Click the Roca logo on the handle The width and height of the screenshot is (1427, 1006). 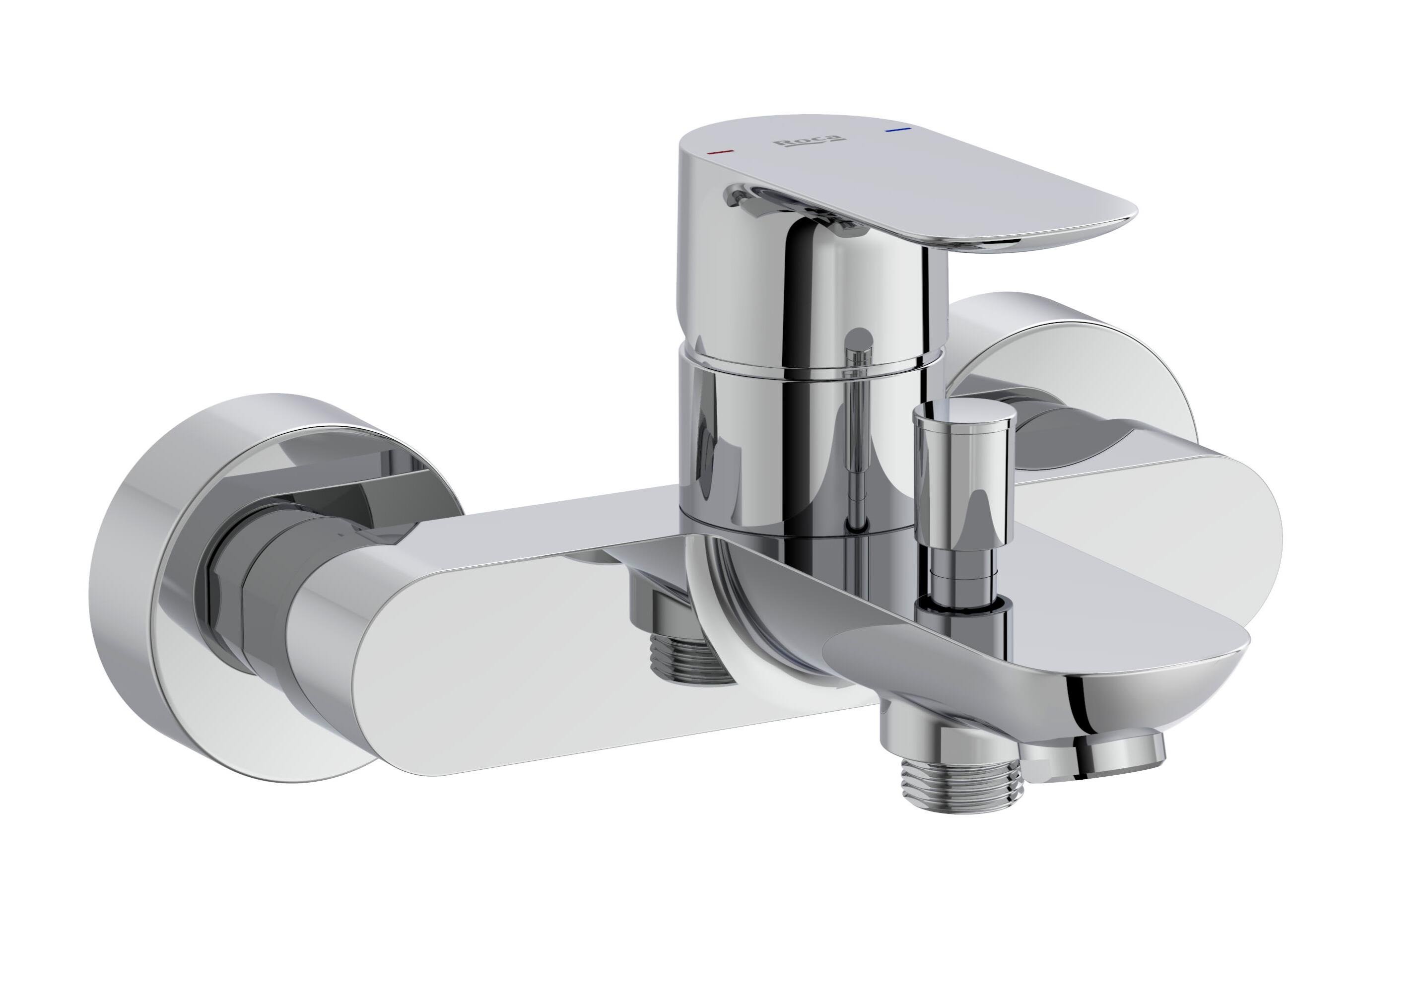808,141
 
